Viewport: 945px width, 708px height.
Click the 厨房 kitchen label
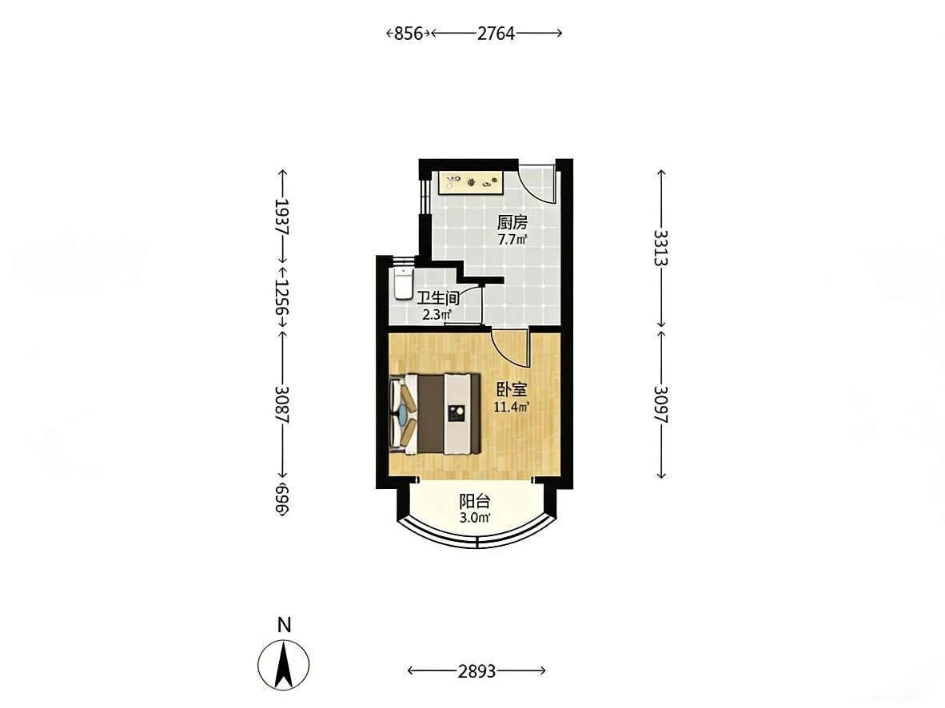click(x=512, y=223)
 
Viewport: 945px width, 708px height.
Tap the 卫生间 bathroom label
click(x=439, y=297)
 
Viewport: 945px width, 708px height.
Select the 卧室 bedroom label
click(x=511, y=390)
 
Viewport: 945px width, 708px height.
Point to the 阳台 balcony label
click(x=475, y=501)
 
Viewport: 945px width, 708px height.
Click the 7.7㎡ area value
click(x=512, y=240)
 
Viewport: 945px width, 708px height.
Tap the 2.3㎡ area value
click(x=437, y=315)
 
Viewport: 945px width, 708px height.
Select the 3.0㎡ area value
click(x=475, y=518)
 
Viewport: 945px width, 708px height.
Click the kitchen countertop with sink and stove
click(x=471, y=183)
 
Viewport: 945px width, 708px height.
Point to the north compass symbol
click(x=283, y=665)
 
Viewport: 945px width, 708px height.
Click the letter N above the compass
click(x=284, y=626)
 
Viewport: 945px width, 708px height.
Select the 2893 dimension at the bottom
click(x=476, y=670)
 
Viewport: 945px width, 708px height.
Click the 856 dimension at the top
click(x=408, y=33)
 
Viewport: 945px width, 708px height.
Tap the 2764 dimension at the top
click(x=496, y=33)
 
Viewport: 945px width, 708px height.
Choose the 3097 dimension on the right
click(x=661, y=404)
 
